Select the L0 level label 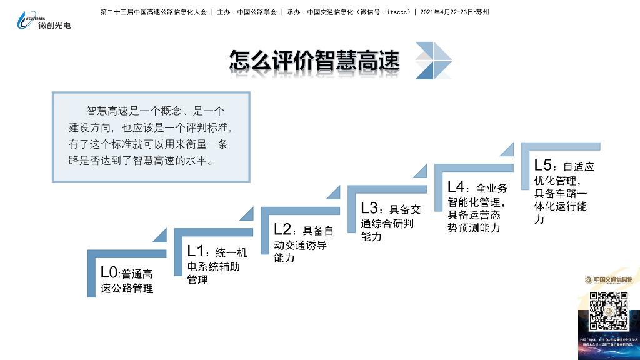109,272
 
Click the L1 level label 196,251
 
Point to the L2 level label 282,229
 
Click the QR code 609,311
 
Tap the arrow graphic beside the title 433,61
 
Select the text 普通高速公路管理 127,281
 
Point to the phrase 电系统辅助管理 214,266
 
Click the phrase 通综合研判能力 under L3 387,223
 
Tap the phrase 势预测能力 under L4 474,228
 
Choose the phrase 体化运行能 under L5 561,206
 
